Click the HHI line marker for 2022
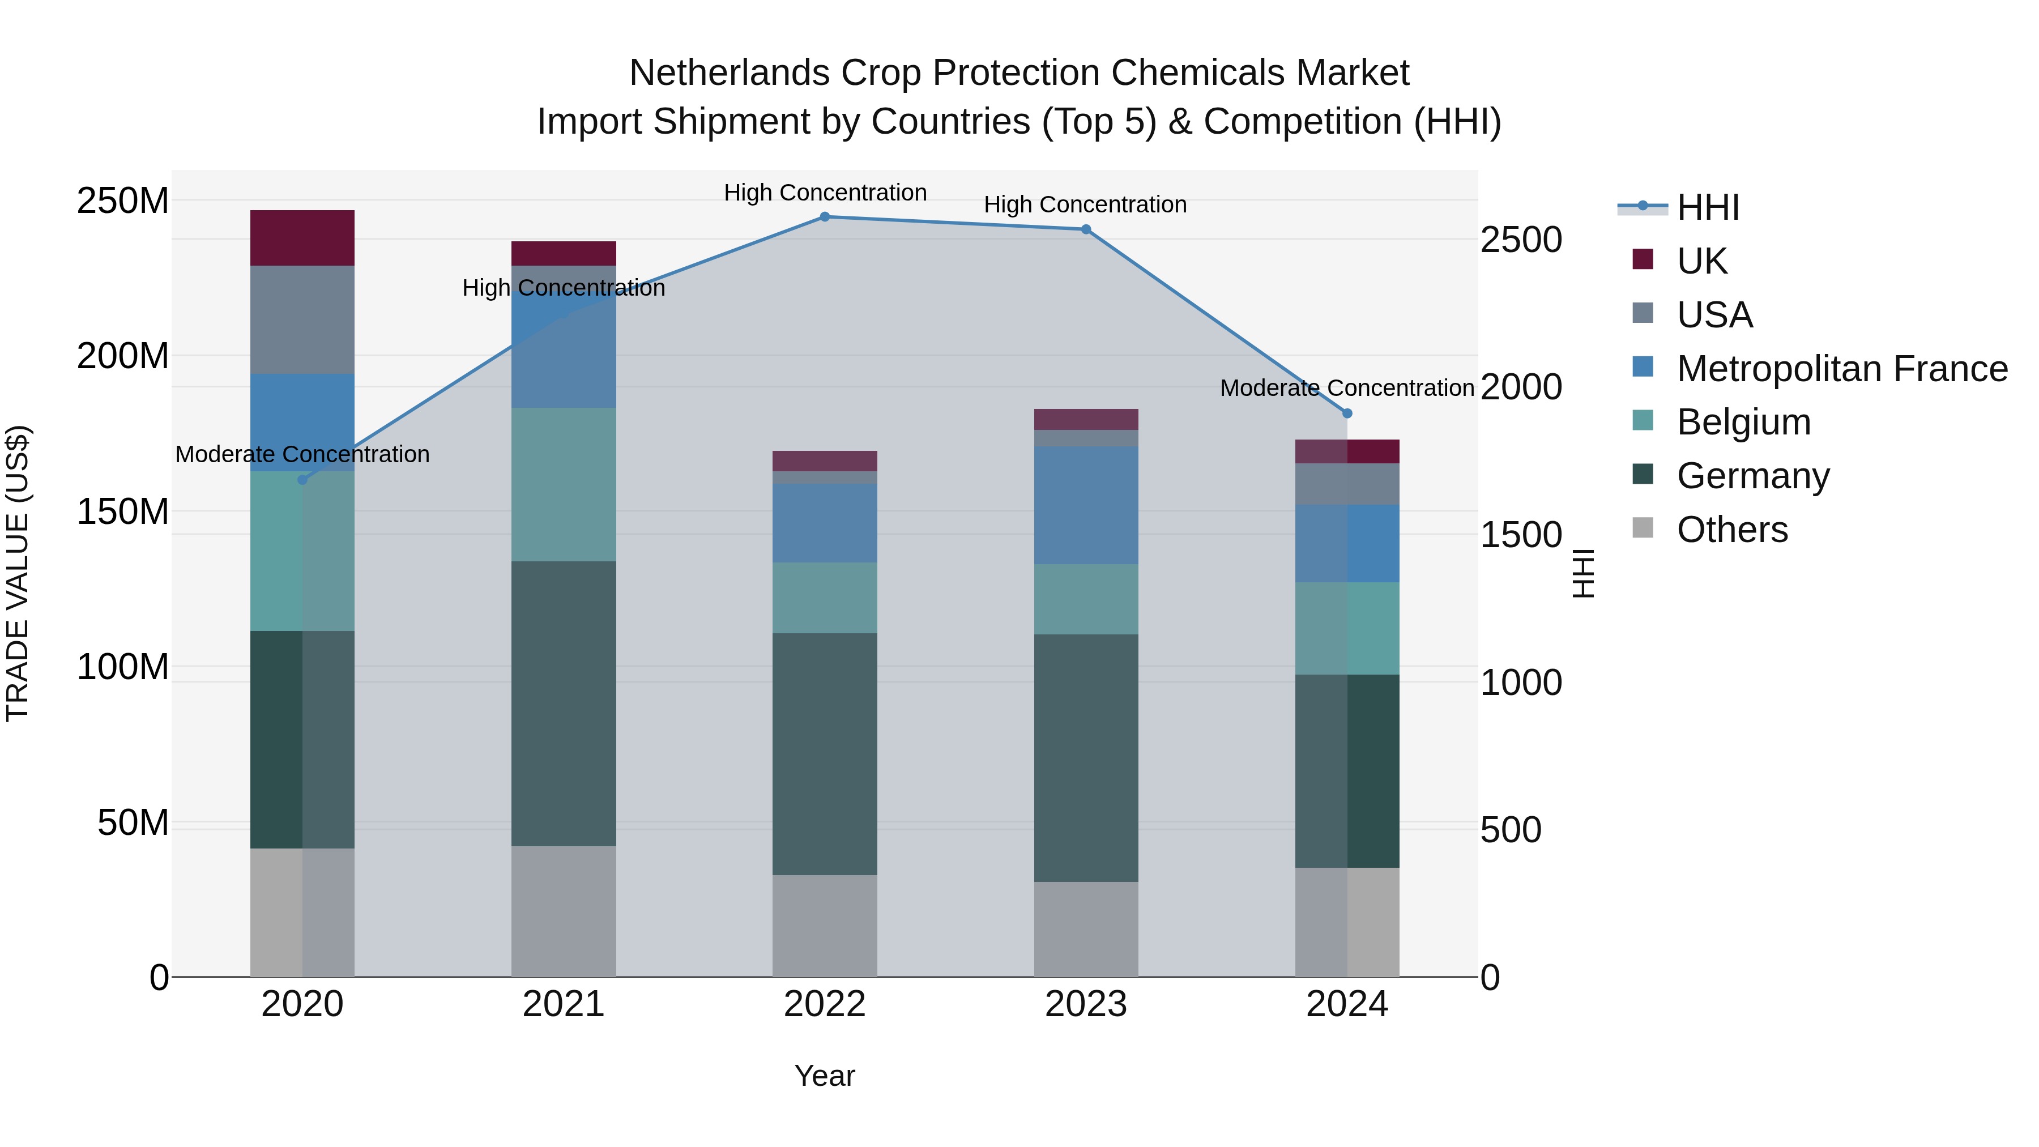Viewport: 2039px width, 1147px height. click(x=825, y=216)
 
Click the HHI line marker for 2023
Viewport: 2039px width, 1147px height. click(x=1086, y=229)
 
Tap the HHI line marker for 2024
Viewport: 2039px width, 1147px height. click(x=1347, y=413)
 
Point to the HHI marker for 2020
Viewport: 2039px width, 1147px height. click(x=302, y=480)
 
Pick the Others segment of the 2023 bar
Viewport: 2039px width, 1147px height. click(x=1086, y=929)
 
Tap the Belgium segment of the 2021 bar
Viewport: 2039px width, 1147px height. click(x=564, y=484)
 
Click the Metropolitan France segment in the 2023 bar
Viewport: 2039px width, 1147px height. click(x=1086, y=505)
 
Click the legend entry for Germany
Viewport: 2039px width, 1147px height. click(x=1752, y=476)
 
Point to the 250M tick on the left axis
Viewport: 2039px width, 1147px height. click(x=123, y=201)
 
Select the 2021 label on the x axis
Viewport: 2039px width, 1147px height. click(x=564, y=1004)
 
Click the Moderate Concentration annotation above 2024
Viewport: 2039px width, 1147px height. click(x=1347, y=388)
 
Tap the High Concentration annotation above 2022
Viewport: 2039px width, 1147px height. click(x=825, y=193)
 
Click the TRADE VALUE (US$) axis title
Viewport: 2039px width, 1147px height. click(x=18, y=573)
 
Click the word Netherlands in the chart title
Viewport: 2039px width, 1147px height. click(x=729, y=73)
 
